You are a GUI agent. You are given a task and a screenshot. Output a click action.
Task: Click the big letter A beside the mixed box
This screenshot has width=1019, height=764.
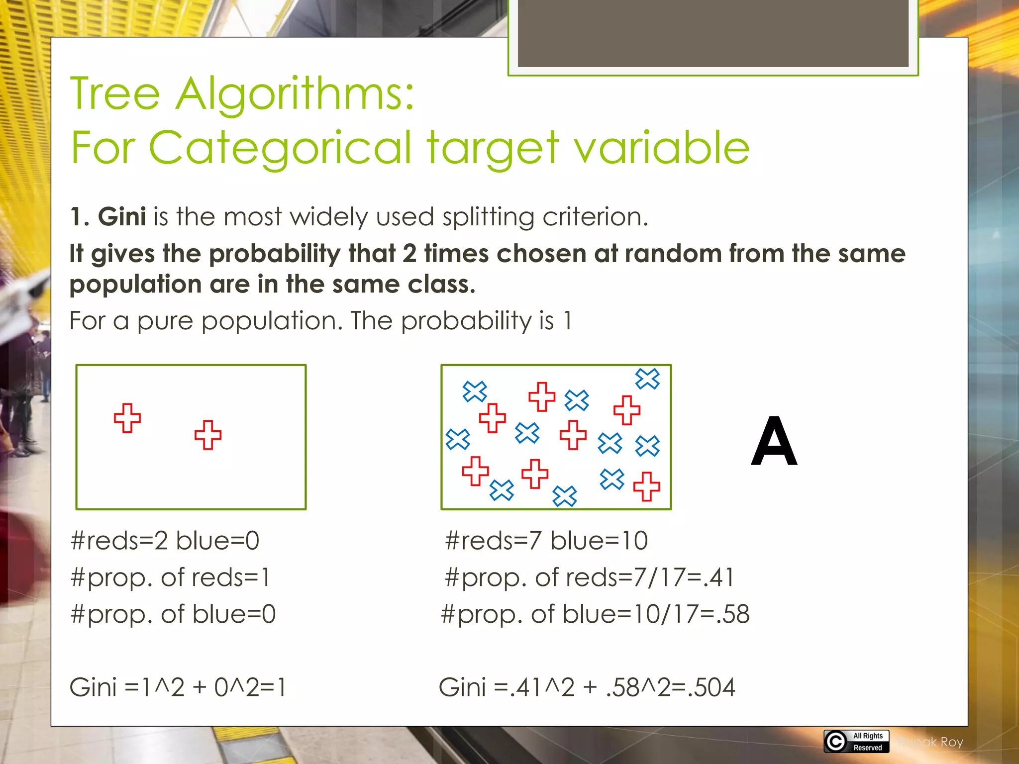coord(774,442)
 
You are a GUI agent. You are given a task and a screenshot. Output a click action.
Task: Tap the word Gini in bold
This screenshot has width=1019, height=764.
coord(121,217)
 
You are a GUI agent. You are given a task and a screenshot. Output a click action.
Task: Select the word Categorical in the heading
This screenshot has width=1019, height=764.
coord(280,148)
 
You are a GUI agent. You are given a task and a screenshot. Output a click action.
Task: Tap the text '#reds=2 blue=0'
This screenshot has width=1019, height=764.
coord(165,541)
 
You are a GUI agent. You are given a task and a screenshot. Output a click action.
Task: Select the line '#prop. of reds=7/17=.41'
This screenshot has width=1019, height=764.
coord(589,577)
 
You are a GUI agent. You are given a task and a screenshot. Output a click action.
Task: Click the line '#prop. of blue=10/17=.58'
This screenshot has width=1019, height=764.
coord(595,614)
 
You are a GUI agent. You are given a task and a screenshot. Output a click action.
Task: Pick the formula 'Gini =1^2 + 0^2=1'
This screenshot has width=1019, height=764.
coord(178,687)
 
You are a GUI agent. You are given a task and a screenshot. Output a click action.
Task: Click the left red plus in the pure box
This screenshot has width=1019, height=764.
coord(127,418)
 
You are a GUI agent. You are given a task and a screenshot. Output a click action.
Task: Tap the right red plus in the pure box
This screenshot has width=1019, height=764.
coord(208,435)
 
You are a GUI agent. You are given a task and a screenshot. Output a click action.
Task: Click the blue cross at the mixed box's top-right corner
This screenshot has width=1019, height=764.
coord(647,379)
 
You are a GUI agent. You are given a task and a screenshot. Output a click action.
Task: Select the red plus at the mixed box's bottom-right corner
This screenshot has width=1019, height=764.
coord(646,486)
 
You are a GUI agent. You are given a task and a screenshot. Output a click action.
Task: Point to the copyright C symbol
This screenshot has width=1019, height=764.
coord(836,742)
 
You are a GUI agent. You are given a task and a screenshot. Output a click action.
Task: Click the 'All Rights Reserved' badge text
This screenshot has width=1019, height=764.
coord(868,742)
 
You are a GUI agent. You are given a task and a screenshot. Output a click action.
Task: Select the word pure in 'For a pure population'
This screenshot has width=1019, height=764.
coord(165,321)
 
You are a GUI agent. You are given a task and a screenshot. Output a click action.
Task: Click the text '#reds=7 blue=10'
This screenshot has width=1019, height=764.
coord(546,541)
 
